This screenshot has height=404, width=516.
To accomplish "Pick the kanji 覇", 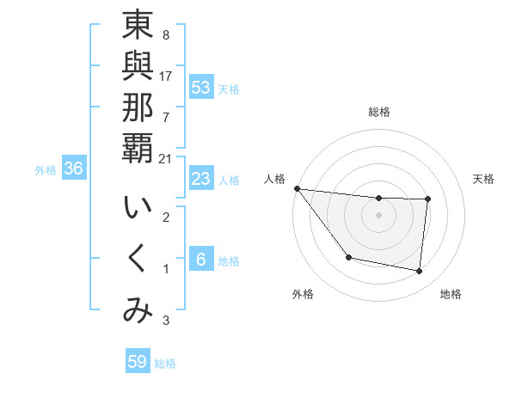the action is pyautogui.click(x=138, y=148).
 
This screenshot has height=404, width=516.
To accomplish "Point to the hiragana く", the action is pyautogui.click(x=138, y=260).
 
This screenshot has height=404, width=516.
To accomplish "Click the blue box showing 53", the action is pyautogui.click(x=201, y=88).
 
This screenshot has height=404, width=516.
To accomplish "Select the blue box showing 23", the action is pyautogui.click(x=201, y=180).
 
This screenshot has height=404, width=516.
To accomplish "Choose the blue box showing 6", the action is pyautogui.click(x=201, y=260).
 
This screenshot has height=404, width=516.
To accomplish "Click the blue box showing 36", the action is pyautogui.click(x=74, y=169).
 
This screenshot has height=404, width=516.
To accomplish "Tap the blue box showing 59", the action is pyautogui.click(x=138, y=362).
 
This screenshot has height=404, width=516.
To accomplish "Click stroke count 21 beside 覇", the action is pyautogui.click(x=165, y=158).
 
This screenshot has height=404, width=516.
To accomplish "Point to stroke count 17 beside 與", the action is pyautogui.click(x=165, y=76).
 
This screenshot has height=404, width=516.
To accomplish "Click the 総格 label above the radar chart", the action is pyautogui.click(x=379, y=112).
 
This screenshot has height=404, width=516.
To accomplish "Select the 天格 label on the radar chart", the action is pyautogui.click(x=484, y=179).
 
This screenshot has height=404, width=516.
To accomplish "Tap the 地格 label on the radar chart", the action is pyautogui.click(x=451, y=294).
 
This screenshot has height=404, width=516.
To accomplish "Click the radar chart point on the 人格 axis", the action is pyautogui.click(x=297, y=188).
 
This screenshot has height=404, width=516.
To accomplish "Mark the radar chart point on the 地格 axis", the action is pyautogui.click(x=420, y=272).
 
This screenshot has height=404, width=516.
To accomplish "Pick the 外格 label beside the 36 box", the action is pyautogui.click(x=46, y=170).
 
